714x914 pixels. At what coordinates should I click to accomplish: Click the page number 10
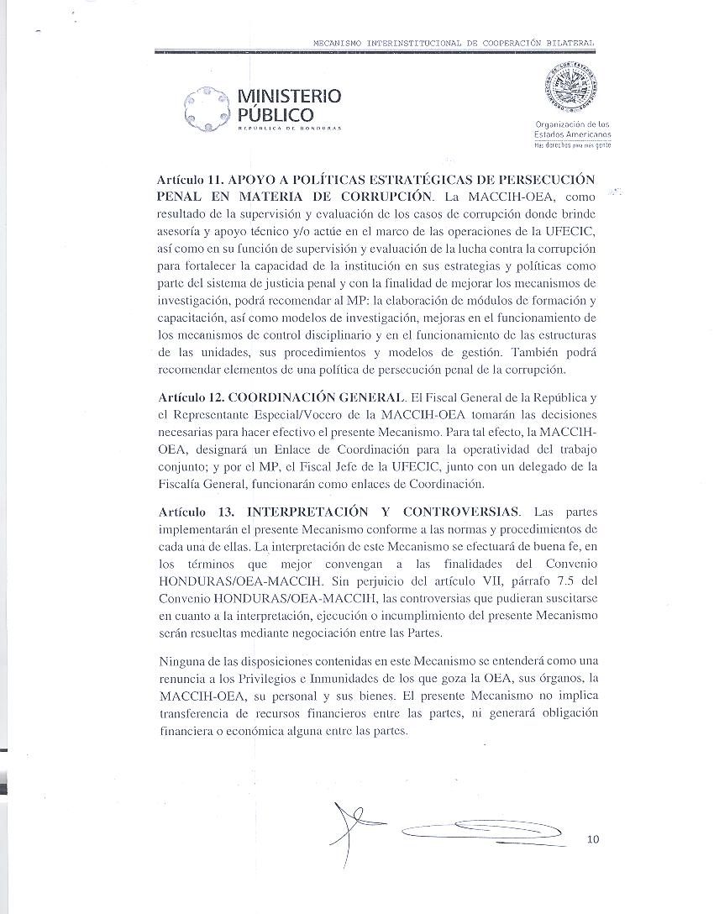click(x=594, y=838)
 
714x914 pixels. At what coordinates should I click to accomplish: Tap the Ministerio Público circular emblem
click(x=207, y=108)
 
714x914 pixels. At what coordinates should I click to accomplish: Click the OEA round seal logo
click(x=572, y=92)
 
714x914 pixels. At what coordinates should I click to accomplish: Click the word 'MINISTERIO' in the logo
click(x=290, y=97)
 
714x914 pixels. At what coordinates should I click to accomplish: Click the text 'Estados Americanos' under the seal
click(x=573, y=134)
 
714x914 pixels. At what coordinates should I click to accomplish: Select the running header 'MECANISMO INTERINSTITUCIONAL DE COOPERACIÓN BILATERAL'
click(x=454, y=42)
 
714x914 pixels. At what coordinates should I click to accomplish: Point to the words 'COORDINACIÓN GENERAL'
click(x=312, y=397)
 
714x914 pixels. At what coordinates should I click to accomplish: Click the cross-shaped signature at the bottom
click(x=347, y=827)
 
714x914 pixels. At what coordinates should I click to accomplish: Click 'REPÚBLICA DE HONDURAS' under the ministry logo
click(x=289, y=129)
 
